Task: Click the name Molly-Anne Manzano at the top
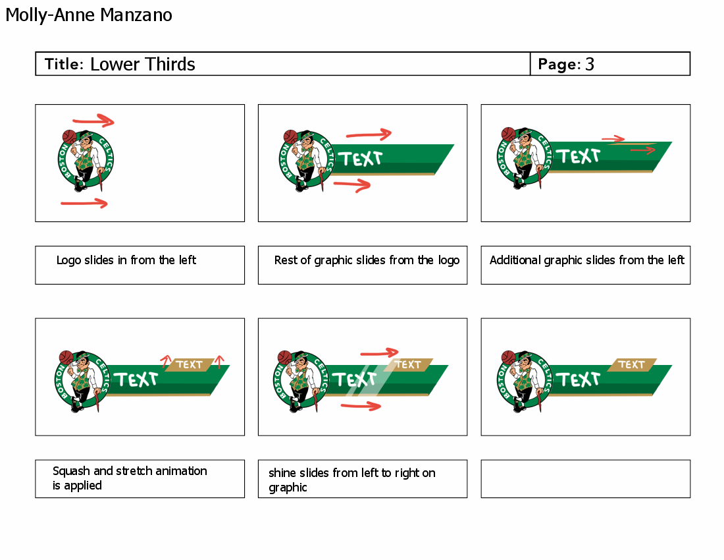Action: coord(89,14)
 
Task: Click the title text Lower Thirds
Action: coord(142,64)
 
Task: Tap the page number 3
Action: coord(589,64)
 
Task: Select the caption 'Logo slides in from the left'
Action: coord(126,260)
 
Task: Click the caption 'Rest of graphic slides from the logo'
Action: coord(367,260)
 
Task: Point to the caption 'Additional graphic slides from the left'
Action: coord(586,260)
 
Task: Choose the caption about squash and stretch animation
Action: coord(130,478)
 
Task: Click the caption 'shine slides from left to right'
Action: coord(351,480)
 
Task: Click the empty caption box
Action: coord(585,478)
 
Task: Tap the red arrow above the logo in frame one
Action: coord(93,121)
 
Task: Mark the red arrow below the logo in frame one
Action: coord(84,204)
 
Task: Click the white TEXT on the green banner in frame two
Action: coord(360,159)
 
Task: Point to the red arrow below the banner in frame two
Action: coord(352,184)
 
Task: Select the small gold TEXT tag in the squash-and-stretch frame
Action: coord(190,364)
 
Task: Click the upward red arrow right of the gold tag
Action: coord(220,361)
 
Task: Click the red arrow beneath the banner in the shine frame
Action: coord(361,406)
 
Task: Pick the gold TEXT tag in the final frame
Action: coord(632,364)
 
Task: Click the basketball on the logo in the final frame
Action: coord(508,357)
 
